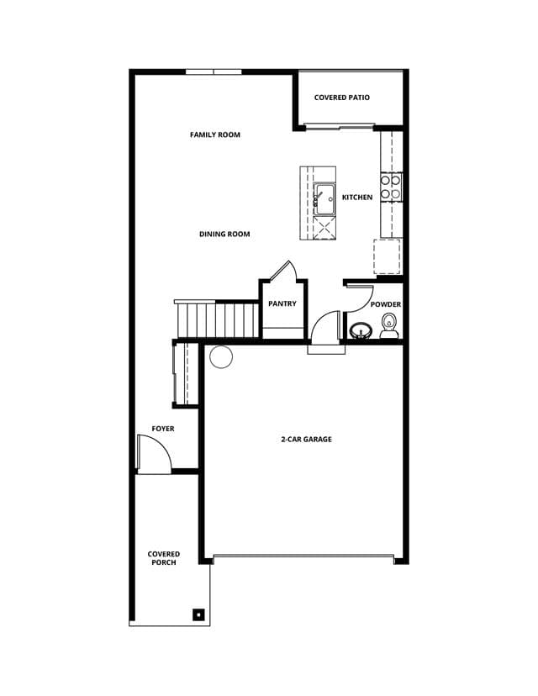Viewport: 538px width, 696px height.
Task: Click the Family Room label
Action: [x=215, y=134]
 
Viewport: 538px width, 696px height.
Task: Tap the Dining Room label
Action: [x=224, y=234]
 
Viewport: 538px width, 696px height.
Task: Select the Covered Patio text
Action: [x=342, y=98]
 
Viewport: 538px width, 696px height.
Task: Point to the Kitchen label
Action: [x=357, y=197]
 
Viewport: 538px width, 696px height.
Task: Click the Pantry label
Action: [x=282, y=303]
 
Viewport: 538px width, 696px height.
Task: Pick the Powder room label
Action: [x=386, y=304]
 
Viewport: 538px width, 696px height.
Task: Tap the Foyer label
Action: [x=163, y=429]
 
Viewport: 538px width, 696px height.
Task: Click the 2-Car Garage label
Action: [x=306, y=439]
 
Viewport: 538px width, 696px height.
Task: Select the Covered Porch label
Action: [x=164, y=558]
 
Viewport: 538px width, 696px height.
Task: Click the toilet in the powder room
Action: [x=389, y=325]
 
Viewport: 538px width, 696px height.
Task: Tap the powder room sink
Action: [x=361, y=330]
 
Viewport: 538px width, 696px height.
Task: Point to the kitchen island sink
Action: [x=324, y=198]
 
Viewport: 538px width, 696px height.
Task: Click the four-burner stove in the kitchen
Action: [x=391, y=186]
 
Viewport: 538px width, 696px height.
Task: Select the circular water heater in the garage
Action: [x=221, y=357]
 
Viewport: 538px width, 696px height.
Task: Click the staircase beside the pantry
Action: [x=218, y=319]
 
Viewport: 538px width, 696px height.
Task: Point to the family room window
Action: [x=214, y=71]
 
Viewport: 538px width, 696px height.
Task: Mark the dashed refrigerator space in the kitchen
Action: [x=387, y=256]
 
